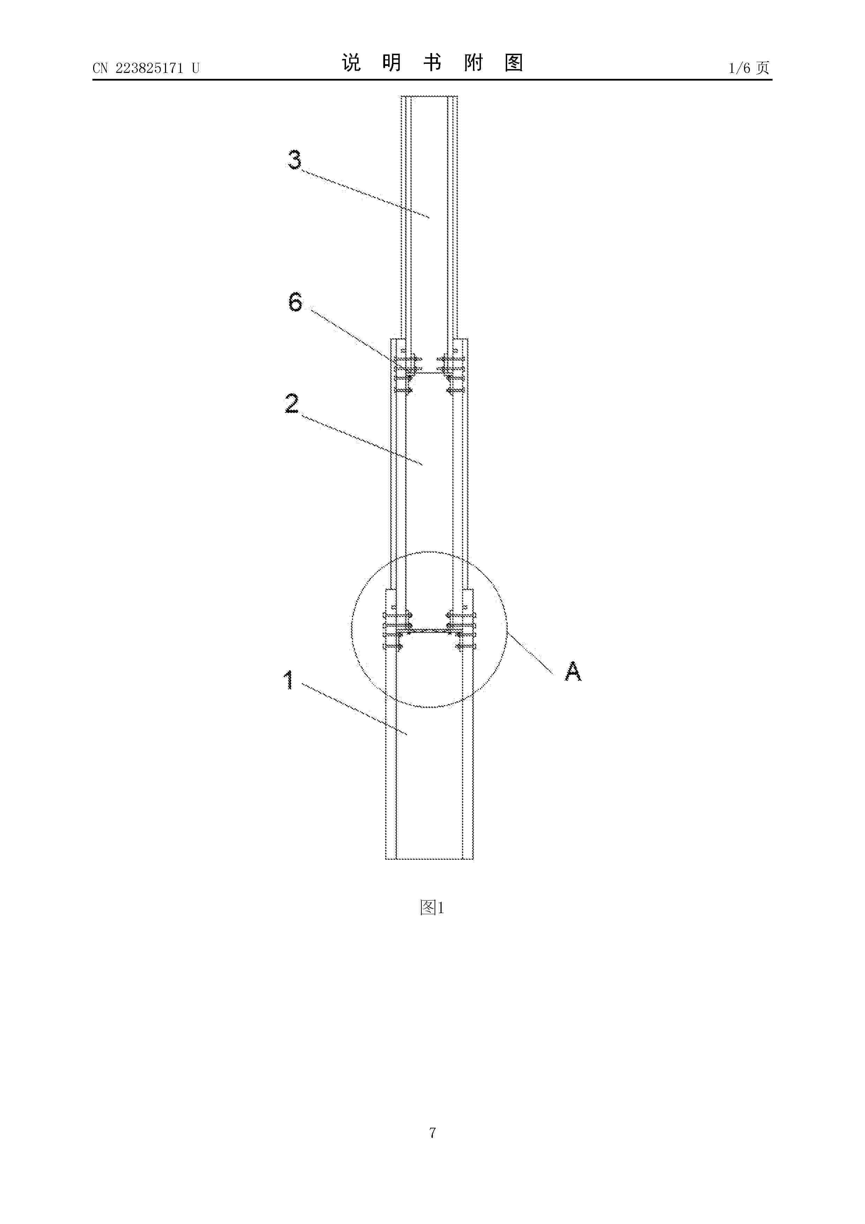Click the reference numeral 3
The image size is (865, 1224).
pyautogui.click(x=294, y=159)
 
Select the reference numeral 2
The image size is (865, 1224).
pyautogui.click(x=292, y=404)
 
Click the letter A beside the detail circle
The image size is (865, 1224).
pyautogui.click(x=573, y=671)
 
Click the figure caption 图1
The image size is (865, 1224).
pyautogui.click(x=432, y=908)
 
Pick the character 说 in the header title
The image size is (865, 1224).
pyautogui.click(x=351, y=63)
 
